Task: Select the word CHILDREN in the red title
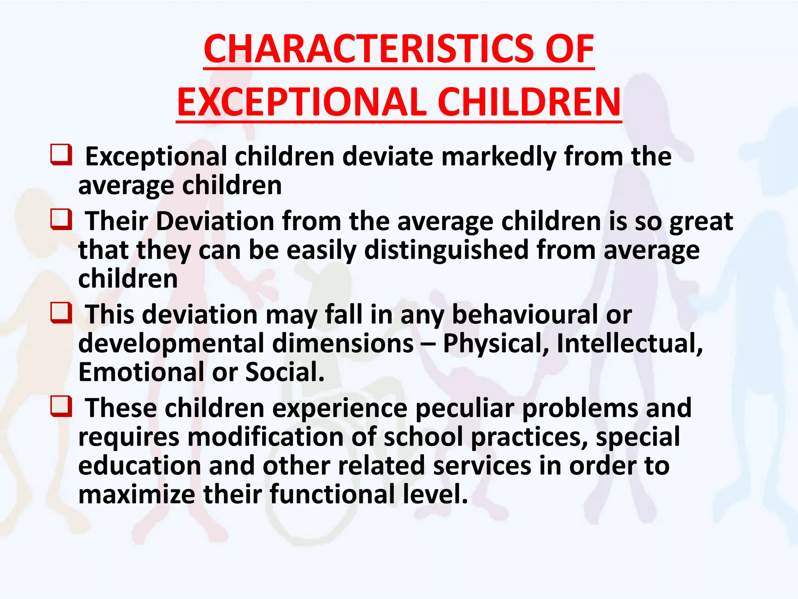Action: [529, 102]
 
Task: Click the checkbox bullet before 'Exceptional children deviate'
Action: [61, 155]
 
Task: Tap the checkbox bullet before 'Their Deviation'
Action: [61, 220]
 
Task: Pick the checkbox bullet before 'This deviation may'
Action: [61, 313]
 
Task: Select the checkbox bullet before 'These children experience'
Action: [61, 407]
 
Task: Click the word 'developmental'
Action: [171, 344]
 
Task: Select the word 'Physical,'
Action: [496, 344]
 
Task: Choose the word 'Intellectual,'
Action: [630, 344]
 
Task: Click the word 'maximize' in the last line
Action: [137, 494]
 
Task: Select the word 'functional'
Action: [332, 494]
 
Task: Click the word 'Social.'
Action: [285, 372]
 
